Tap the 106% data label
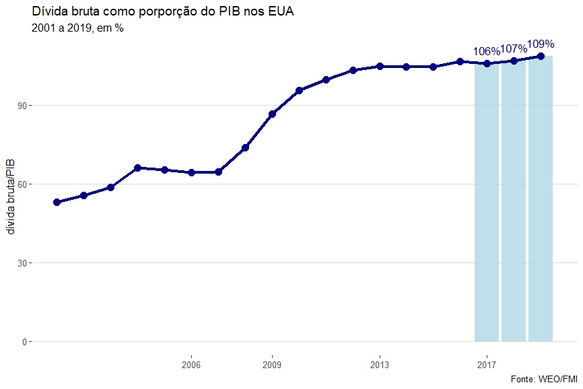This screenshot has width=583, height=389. point(486,51)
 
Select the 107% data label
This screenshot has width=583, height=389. point(513,48)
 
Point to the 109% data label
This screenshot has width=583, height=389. point(541,44)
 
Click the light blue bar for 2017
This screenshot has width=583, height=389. point(487,202)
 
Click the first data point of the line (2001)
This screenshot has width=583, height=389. point(57,202)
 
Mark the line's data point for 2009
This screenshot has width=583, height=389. point(272,114)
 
